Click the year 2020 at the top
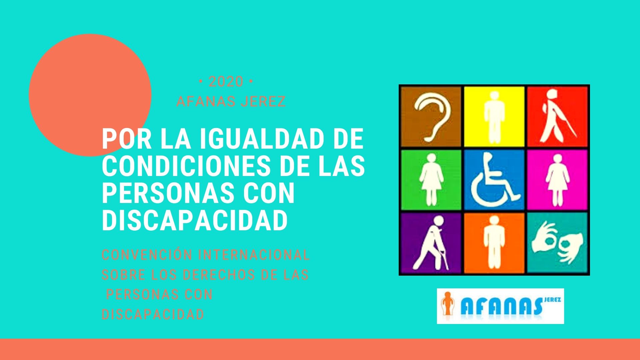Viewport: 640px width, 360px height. [226, 82]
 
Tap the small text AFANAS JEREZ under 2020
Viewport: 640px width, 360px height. [231, 102]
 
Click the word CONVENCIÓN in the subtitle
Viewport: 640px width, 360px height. [147, 255]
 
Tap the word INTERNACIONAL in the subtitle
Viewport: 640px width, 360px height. [254, 255]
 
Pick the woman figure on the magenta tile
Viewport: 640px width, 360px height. [557, 180]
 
